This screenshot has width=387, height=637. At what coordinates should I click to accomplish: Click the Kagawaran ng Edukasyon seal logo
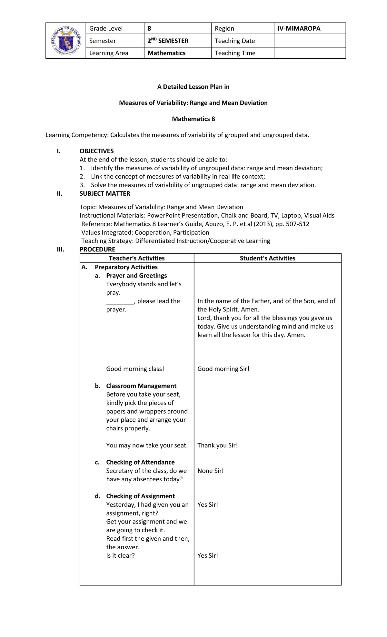click(x=66, y=41)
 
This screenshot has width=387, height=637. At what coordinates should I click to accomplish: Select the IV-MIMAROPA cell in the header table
click(x=299, y=28)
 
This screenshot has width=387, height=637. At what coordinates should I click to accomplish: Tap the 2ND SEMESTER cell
click(x=168, y=41)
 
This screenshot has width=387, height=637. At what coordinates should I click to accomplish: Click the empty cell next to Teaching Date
click(x=310, y=41)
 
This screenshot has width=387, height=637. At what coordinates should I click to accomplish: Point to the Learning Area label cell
click(x=109, y=53)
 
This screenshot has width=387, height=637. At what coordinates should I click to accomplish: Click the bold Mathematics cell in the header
click(x=166, y=53)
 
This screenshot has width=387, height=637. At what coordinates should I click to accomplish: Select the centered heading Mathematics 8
click(x=193, y=119)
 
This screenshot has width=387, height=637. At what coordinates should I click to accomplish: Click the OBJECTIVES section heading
click(x=96, y=151)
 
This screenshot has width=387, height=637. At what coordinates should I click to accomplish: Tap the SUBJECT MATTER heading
click(x=105, y=194)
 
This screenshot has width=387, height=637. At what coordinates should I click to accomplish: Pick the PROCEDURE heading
click(x=97, y=250)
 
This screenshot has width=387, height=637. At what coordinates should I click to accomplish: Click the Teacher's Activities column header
click(x=137, y=258)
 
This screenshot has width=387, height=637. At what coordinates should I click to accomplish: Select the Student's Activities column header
click(x=267, y=258)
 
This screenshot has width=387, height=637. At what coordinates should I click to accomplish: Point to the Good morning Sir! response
click(x=223, y=369)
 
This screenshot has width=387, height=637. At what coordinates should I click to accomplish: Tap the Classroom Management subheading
click(x=141, y=386)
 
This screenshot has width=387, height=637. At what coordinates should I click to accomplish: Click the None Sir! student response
click(x=210, y=471)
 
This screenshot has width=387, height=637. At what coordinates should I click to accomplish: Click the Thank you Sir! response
click(x=217, y=446)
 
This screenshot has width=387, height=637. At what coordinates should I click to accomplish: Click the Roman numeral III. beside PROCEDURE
click(x=60, y=250)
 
